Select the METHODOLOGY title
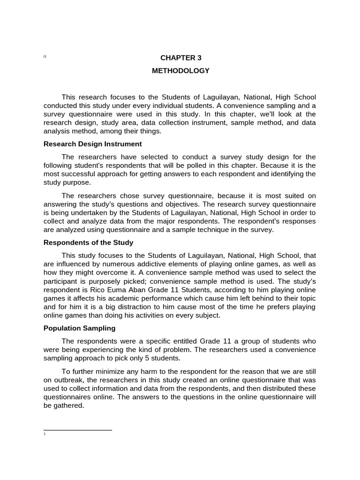point(180,71)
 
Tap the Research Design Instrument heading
point(92,144)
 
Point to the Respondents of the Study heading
point(88,242)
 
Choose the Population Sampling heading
point(79,328)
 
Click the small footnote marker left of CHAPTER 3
point(45,57)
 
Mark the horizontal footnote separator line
point(77,429)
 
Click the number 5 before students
point(156,358)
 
